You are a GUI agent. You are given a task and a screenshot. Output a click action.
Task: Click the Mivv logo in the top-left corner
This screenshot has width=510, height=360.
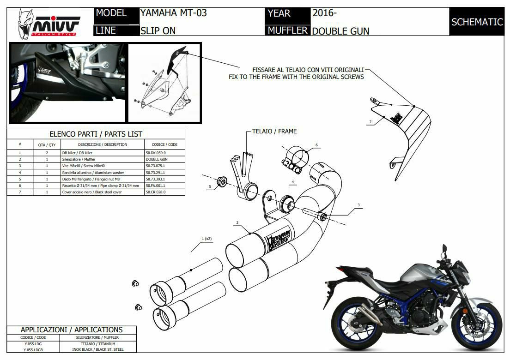tap(48, 23)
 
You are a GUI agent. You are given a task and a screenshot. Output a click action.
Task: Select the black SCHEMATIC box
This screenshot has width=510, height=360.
tap(477, 22)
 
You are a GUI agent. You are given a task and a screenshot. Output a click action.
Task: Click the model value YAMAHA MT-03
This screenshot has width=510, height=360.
tap(174, 13)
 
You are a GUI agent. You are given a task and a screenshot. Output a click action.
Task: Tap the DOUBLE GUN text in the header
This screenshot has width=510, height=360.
tap(341, 31)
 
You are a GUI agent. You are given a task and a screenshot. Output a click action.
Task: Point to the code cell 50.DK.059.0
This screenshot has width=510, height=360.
tap(156, 152)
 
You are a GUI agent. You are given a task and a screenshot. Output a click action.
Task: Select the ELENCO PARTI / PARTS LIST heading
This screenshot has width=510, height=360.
tap(96, 134)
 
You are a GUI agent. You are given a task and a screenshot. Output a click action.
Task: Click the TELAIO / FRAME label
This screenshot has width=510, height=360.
tap(274, 131)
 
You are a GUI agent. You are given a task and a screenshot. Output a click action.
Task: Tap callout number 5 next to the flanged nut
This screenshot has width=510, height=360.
tap(210, 187)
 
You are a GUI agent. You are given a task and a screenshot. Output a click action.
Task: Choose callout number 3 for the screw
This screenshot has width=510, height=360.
tap(358, 205)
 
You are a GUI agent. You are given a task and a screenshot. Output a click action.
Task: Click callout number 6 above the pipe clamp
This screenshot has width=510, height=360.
tap(316, 145)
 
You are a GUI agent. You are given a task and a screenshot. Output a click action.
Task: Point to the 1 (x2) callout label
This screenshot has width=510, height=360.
tap(206, 239)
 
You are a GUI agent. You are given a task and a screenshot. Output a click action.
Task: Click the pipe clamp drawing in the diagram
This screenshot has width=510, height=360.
tap(293, 160)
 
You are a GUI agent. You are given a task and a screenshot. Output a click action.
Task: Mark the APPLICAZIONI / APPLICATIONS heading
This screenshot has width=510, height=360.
tap(72, 330)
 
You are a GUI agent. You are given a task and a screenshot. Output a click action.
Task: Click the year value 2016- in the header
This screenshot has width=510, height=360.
tap(325, 13)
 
